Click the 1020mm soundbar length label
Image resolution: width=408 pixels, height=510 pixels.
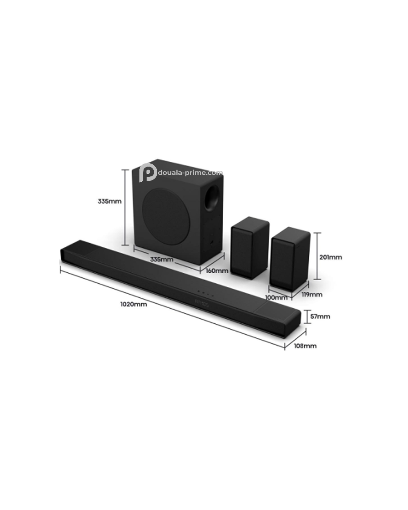click(x=133, y=304)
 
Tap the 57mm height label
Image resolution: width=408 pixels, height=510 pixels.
click(x=320, y=316)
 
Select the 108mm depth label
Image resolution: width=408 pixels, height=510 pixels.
click(x=305, y=346)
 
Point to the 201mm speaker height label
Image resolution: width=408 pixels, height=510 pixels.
click(x=331, y=257)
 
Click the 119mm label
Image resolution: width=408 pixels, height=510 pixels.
click(x=312, y=294)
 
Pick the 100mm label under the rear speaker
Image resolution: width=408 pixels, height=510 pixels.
click(x=276, y=297)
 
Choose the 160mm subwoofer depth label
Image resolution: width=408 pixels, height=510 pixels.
click(x=217, y=270)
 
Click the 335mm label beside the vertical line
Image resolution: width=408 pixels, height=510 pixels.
click(x=110, y=201)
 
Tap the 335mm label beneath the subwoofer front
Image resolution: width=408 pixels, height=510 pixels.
click(x=162, y=260)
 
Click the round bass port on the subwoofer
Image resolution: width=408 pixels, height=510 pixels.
click(x=212, y=198)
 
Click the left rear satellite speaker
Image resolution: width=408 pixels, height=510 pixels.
click(x=250, y=247)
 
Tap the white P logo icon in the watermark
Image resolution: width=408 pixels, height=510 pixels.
click(x=148, y=173)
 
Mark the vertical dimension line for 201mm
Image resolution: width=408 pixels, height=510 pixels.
click(x=318, y=256)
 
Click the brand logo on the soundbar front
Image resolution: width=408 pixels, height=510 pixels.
click(x=201, y=303)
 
